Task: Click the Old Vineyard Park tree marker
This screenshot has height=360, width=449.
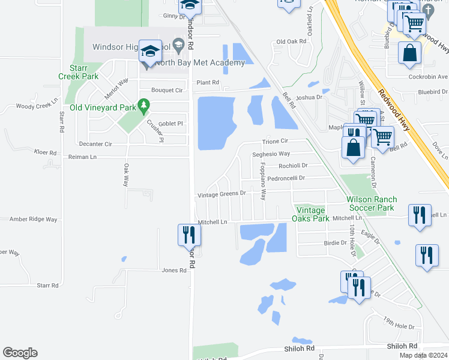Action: click(x=143, y=106)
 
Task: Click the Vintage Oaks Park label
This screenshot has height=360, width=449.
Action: click(x=310, y=214)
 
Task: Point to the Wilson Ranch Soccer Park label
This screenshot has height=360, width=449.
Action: click(x=370, y=203)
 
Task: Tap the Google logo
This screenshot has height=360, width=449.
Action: click(x=20, y=353)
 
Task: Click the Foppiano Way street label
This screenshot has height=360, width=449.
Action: click(x=263, y=184)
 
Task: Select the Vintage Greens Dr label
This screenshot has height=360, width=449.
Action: click(x=222, y=194)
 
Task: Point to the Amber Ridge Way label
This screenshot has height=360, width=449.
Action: click(x=33, y=220)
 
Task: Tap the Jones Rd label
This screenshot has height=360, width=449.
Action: click(x=174, y=271)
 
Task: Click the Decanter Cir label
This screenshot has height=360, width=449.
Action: click(x=95, y=144)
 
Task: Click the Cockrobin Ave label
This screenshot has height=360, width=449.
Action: click(x=426, y=77)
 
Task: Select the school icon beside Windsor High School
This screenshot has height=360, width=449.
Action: click(x=149, y=52)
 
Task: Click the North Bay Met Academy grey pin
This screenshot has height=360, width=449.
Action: click(x=178, y=44)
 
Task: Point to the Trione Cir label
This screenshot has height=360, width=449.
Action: click(x=275, y=142)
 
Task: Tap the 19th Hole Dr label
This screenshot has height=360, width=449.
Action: click(x=400, y=325)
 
